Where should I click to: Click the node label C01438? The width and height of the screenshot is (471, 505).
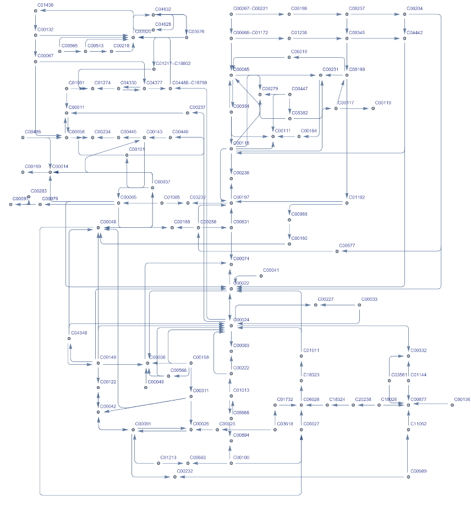[x=45, y=4]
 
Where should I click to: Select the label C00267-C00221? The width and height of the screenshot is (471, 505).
[x=250, y=9]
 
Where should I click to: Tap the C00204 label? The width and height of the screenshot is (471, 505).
[x=414, y=9]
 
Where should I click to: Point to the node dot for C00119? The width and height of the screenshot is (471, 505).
[x=373, y=109]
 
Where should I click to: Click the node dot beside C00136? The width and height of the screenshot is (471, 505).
[x=452, y=405]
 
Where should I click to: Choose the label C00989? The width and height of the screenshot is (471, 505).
[x=418, y=471]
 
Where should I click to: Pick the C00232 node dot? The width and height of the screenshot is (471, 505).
[x=174, y=477]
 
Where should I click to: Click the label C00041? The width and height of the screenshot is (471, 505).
[x=271, y=270]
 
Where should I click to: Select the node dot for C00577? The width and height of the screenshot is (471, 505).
[x=337, y=251]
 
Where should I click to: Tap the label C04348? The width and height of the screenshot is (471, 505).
[x=79, y=333]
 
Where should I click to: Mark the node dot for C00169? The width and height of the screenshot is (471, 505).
[x=23, y=172]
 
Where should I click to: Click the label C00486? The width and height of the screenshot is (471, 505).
[x=33, y=132]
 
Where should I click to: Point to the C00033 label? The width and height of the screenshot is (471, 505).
[x=369, y=299]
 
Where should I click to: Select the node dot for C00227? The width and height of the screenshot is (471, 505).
[x=316, y=305]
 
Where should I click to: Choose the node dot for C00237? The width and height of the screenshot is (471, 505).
[x=187, y=113]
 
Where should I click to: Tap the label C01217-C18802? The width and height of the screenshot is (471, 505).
[x=173, y=64]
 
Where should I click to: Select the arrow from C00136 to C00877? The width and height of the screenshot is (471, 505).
[x=431, y=405]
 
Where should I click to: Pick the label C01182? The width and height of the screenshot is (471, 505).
[x=357, y=197]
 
